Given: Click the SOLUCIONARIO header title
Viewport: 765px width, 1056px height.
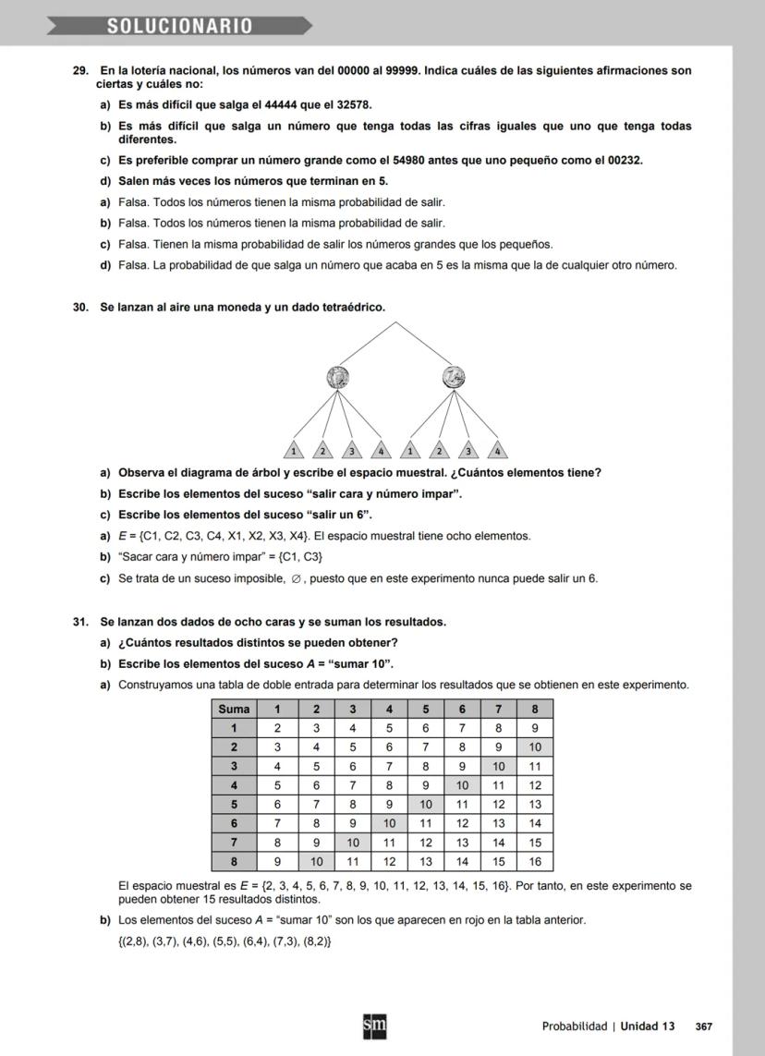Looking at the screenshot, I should (179, 26).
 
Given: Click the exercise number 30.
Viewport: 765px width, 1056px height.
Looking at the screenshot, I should (80, 307).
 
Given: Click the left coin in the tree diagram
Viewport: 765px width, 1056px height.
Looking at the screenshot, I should (338, 377).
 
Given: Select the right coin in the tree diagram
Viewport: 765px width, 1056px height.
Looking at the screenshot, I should (453, 377).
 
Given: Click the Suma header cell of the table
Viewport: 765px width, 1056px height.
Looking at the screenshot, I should (235, 709).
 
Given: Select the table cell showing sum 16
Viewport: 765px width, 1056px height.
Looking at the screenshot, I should (534, 861).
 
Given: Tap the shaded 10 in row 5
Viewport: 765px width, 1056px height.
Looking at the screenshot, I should (426, 804).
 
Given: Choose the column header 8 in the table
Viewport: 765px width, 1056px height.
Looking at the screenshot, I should (534, 709).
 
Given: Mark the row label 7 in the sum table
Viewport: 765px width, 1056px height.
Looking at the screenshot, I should (235, 842).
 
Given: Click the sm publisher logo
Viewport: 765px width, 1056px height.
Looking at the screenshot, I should (374, 1026).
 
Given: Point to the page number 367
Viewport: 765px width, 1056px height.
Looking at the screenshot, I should (703, 1026).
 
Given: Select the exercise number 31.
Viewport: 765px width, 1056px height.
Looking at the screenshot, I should (80, 622).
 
